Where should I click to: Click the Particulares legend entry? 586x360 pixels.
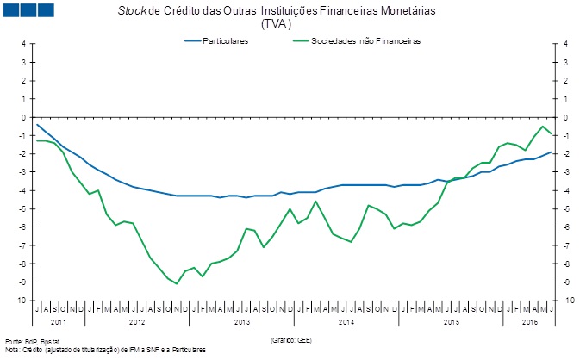coord(225,41)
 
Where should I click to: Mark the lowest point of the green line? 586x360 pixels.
coord(177,283)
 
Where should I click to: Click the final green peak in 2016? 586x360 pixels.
coord(543,127)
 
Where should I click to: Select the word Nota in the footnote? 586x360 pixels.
coord(12,350)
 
